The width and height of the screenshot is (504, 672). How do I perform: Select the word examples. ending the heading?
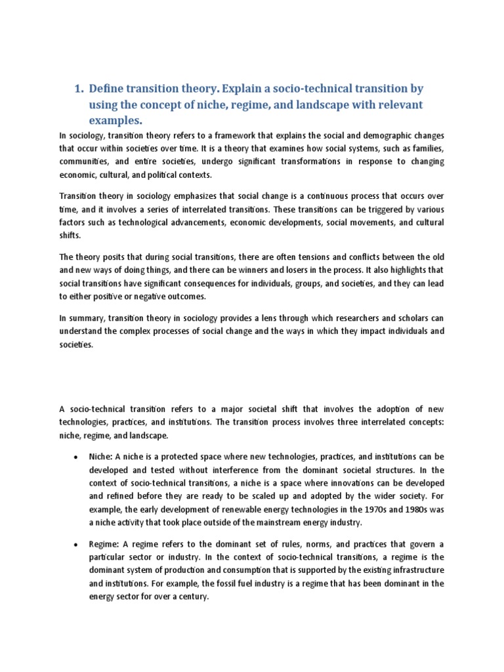(115, 121)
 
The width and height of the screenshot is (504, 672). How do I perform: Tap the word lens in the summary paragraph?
(266, 318)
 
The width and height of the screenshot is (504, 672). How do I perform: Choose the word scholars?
(400, 318)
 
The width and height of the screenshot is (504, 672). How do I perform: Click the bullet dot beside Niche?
(76, 457)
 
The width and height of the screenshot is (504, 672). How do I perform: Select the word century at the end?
(189, 596)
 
